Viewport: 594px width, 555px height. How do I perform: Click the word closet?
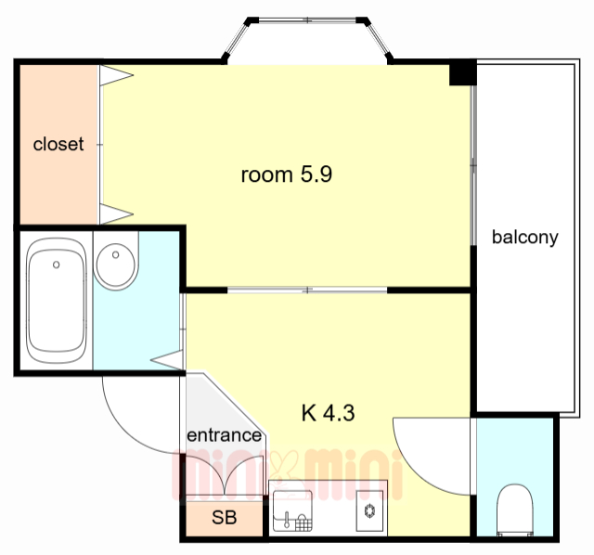tap(58, 144)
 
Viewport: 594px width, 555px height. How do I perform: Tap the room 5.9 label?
tap(287, 174)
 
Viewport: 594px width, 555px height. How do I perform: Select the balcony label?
tap(524, 238)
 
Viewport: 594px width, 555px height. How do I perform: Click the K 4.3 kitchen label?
tap(328, 413)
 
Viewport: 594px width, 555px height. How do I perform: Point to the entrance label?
tap(224, 435)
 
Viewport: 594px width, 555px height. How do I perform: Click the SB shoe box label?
tap(225, 517)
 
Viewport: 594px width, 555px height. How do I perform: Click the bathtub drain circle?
tap(56, 265)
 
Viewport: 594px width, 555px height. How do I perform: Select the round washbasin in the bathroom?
tap(115, 265)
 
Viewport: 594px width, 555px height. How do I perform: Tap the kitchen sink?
tap(293, 510)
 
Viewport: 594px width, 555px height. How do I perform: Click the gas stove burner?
tap(369, 510)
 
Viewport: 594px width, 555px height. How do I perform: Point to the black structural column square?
tap(462, 72)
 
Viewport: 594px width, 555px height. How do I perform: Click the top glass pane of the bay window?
tap(307, 19)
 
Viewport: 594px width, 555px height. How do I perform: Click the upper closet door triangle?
tap(116, 75)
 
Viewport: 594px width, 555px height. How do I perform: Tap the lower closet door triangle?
tap(116, 214)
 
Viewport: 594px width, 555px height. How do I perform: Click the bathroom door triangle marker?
tap(167, 360)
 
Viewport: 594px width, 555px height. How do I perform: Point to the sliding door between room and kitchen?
tap(307, 290)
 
